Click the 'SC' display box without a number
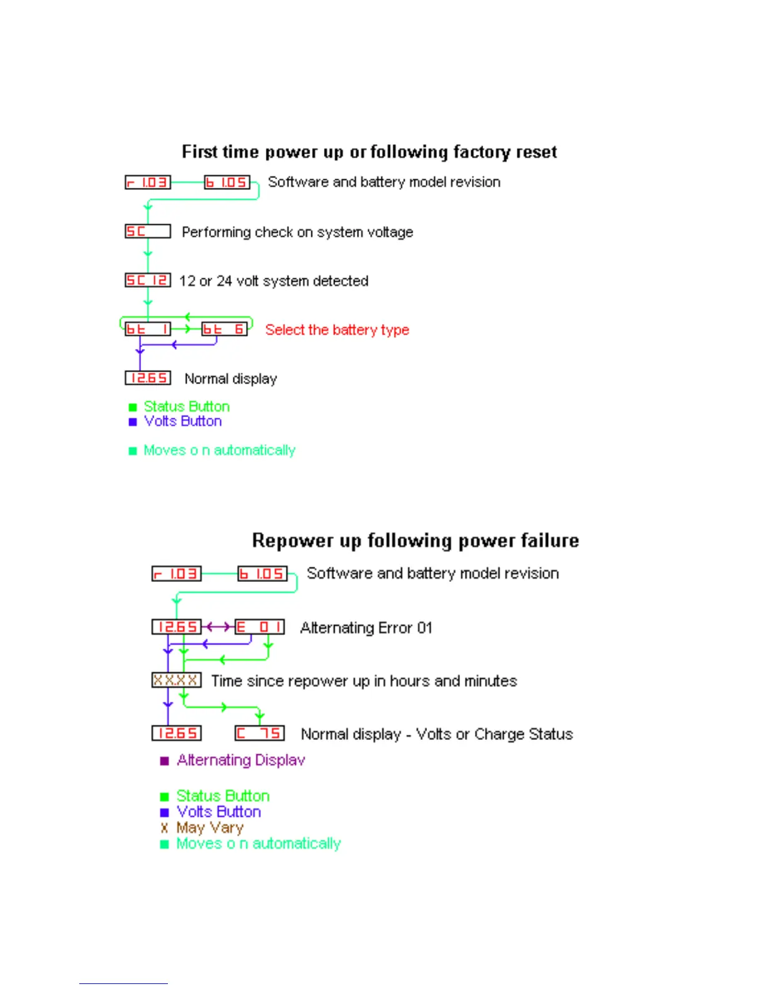pyautogui.click(x=147, y=232)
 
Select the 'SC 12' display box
pyautogui.click(x=147, y=280)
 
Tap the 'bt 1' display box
pyautogui.click(x=147, y=329)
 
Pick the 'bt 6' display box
pyautogui.click(x=224, y=329)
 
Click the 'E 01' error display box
pyautogui.click(x=260, y=627)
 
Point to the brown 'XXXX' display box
pyautogui.click(x=176, y=680)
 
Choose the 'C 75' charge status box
pyautogui.click(x=260, y=733)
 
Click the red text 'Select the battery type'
pyautogui.click(x=337, y=330)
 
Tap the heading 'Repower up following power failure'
pyautogui.click(x=415, y=540)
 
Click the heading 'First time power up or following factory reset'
pyautogui.click(x=369, y=152)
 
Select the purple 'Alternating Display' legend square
pyautogui.click(x=165, y=760)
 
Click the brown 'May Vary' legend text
pyautogui.click(x=210, y=828)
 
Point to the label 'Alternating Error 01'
pyautogui.click(x=366, y=627)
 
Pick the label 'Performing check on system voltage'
pyautogui.click(x=297, y=232)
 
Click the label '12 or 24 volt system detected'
pyautogui.click(x=273, y=281)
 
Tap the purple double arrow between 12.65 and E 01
pyautogui.click(x=218, y=626)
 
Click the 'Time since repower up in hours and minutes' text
pyautogui.click(x=364, y=681)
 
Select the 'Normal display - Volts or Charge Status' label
pyautogui.click(x=436, y=734)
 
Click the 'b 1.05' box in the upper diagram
pyautogui.click(x=227, y=182)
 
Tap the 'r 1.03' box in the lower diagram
pyautogui.click(x=177, y=573)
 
